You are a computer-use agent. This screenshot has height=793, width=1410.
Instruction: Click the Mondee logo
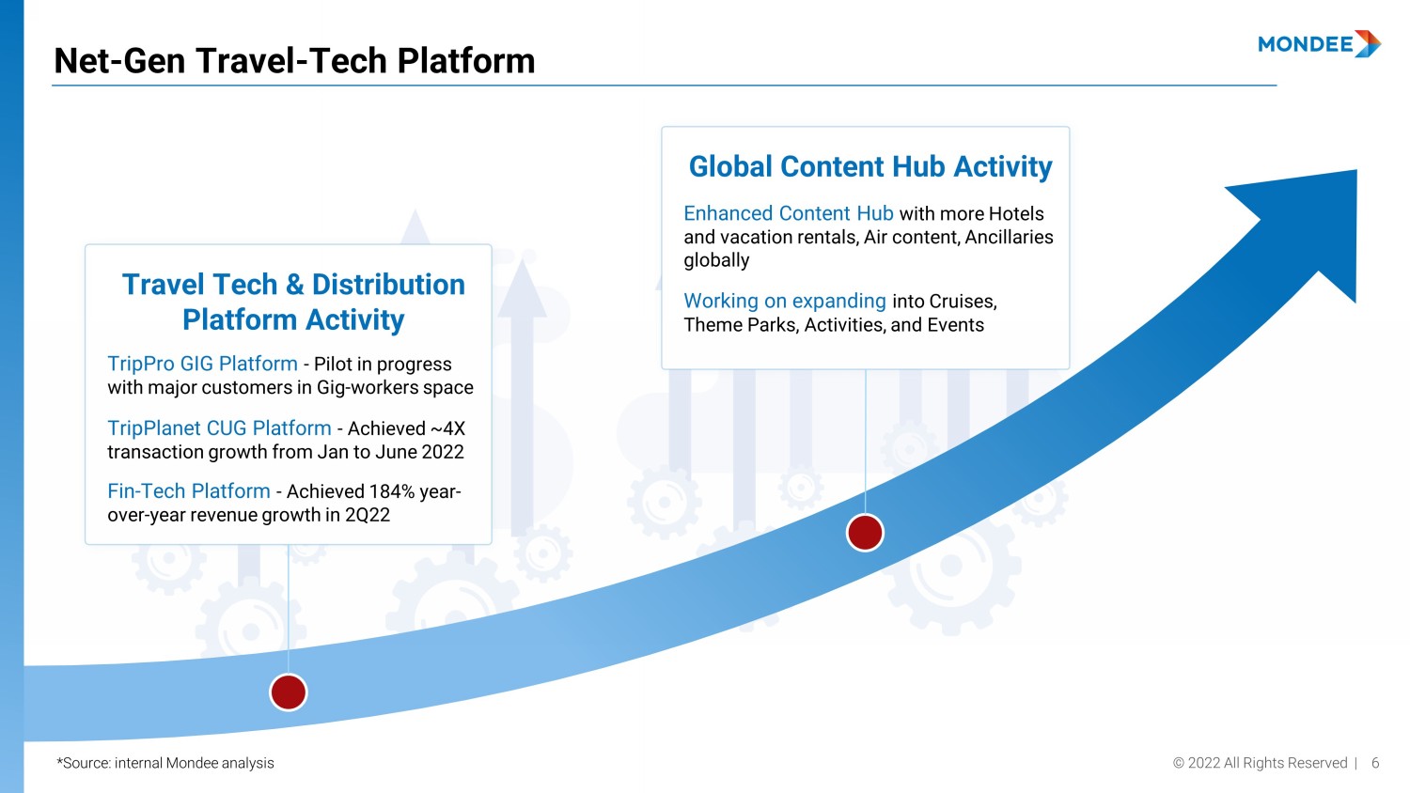click(1319, 44)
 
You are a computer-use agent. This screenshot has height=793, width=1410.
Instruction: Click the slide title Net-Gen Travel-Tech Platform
click(294, 61)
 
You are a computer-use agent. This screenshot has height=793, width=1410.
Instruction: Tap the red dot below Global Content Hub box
click(865, 533)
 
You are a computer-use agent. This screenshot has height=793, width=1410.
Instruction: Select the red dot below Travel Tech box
click(289, 692)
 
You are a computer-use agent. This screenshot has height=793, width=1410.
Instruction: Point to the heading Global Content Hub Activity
click(870, 167)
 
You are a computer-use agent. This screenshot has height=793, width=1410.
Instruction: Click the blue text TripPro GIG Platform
click(202, 364)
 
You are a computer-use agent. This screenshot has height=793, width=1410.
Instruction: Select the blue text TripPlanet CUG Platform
click(219, 428)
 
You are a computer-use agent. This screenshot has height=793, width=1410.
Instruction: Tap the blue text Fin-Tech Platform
click(189, 490)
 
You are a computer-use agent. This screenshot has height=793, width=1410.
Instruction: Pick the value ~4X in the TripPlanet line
click(446, 428)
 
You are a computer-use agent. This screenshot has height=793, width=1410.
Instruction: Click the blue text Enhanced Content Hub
click(789, 213)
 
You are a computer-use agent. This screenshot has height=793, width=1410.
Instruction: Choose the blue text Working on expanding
click(785, 301)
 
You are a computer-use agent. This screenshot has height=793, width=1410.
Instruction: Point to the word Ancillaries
click(1009, 238)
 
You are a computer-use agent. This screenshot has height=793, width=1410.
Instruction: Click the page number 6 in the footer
click(1375, 763)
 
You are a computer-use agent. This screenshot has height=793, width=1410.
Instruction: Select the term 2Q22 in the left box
click(367, 515)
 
